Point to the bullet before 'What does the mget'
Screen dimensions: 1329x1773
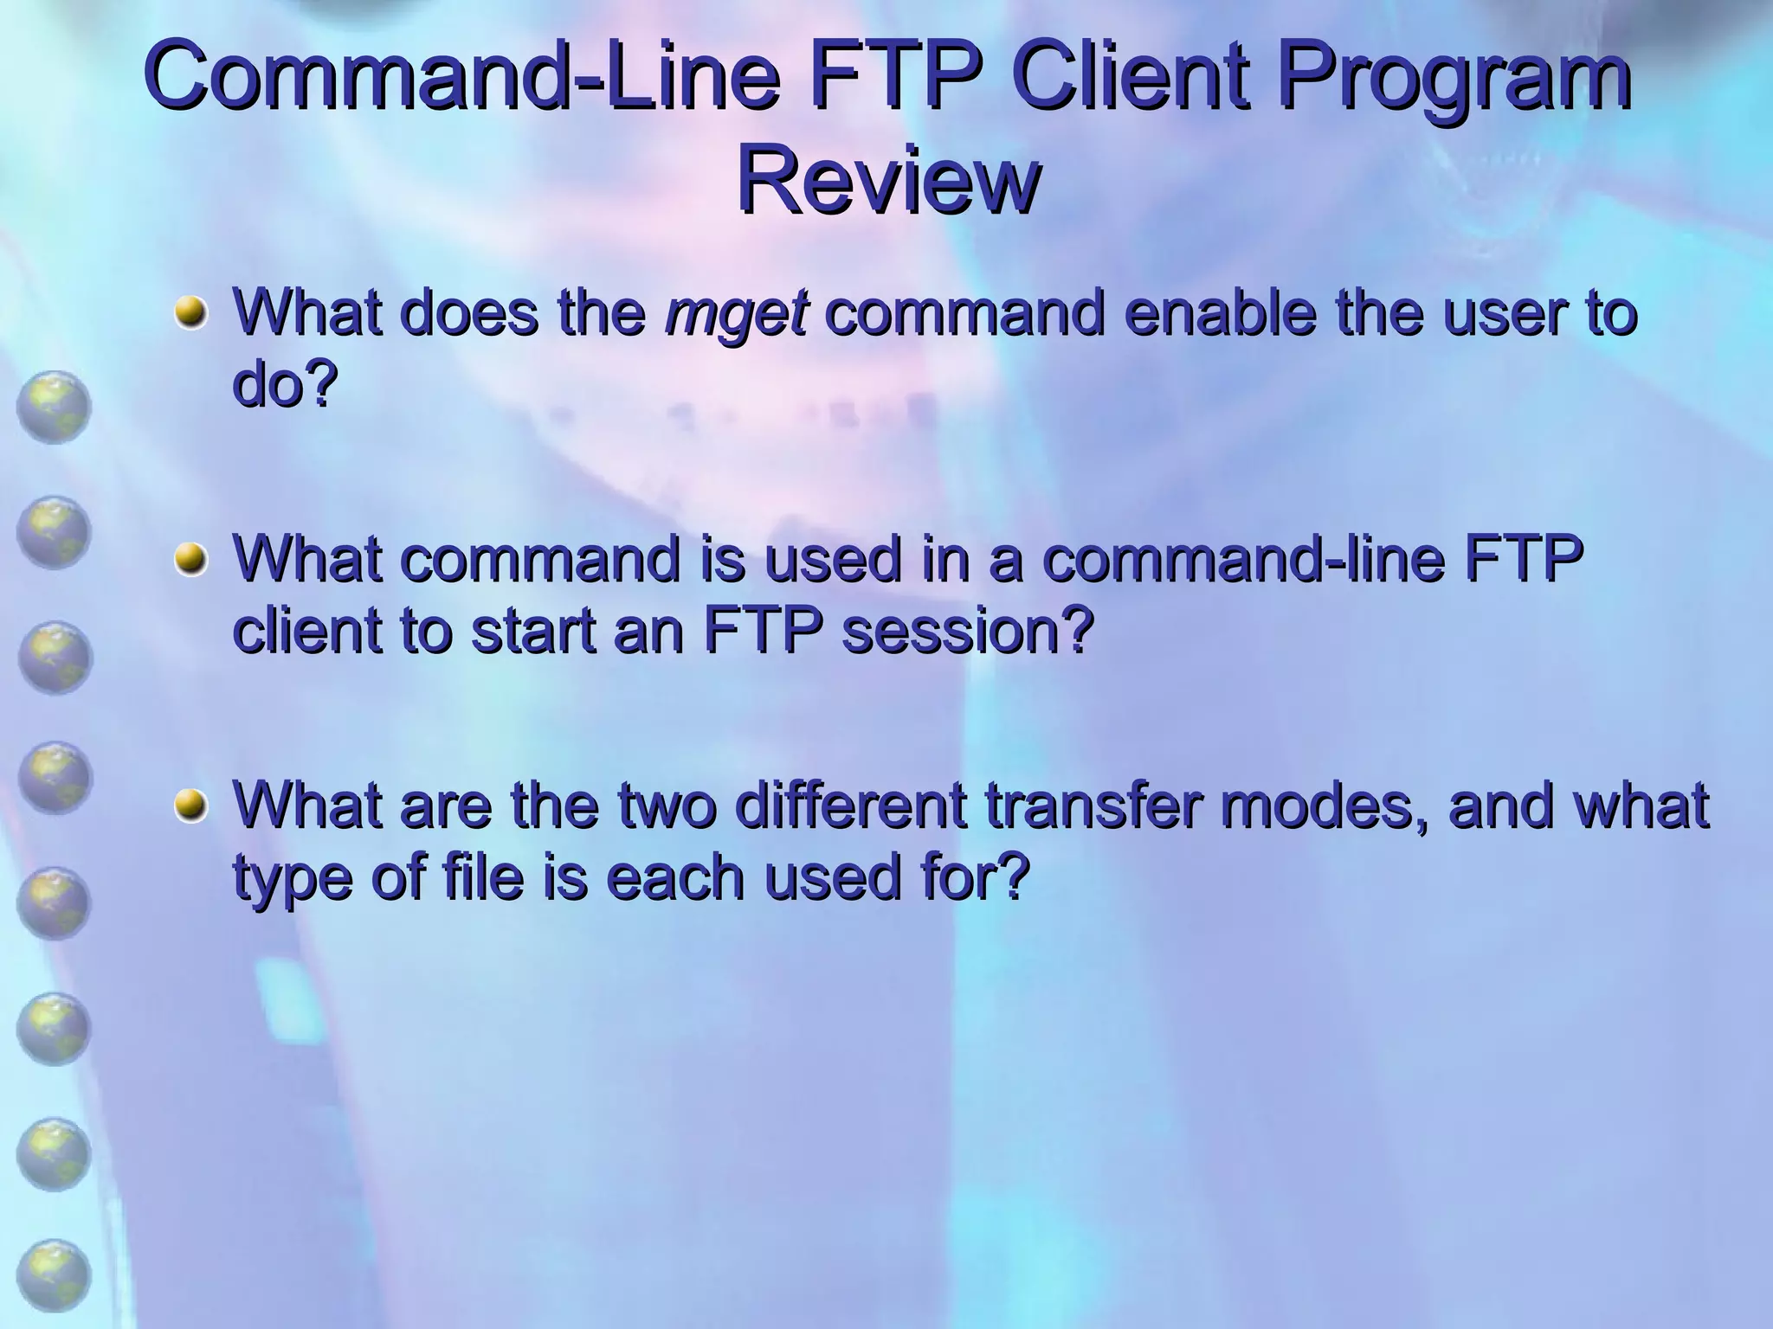190,311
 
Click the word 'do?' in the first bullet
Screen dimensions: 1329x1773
284,386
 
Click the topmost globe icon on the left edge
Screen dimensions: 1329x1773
54,407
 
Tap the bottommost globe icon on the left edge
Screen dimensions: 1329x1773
54,1276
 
